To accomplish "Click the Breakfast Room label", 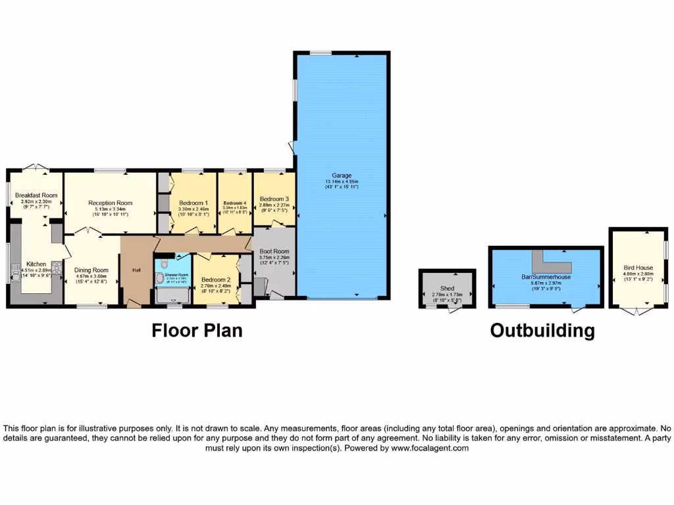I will point(36,195).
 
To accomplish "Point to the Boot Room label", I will point(274,251).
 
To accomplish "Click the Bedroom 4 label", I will point(234,203).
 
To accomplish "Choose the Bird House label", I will point(638,268).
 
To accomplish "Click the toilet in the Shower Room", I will point(160,279).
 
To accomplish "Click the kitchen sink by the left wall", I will point(14,270).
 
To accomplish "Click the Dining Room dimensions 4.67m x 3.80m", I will point(91,277).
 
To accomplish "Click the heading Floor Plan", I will point(197,330).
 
